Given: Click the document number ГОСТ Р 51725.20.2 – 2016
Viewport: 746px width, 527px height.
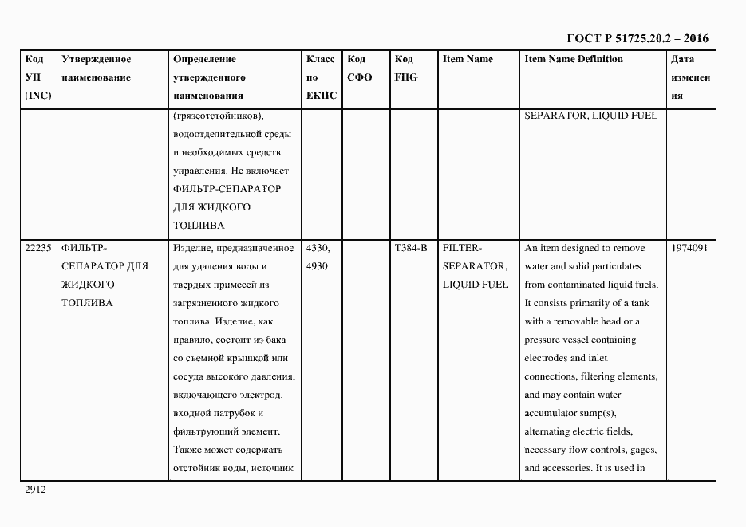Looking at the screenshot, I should coord(637,38).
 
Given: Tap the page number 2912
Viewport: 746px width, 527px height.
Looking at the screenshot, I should coord(36,490).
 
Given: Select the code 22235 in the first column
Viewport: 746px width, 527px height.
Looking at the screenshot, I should coord(38,248).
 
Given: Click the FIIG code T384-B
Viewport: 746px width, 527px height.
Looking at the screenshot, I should coord(411,248).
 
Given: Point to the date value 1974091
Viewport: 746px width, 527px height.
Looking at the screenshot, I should coord(691,248).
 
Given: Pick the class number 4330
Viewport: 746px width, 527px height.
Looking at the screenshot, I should coord(318,248).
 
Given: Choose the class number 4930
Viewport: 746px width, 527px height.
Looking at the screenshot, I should coord(317,266).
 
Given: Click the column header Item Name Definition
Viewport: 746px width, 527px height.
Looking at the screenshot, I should coord(574,59).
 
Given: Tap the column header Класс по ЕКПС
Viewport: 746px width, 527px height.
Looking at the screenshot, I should coord(322,77).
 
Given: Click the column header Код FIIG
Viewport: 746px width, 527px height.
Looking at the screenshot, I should coord(405,69).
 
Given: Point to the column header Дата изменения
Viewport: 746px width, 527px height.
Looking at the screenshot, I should coord(690,77).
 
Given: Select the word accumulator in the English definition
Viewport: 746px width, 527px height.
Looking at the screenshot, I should coord(554,413).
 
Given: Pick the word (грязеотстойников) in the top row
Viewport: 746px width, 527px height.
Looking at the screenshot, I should coord(218,116).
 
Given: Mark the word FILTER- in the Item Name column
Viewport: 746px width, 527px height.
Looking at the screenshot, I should coord(462,248).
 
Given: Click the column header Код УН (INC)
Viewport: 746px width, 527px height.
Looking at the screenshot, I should coord(37,77).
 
